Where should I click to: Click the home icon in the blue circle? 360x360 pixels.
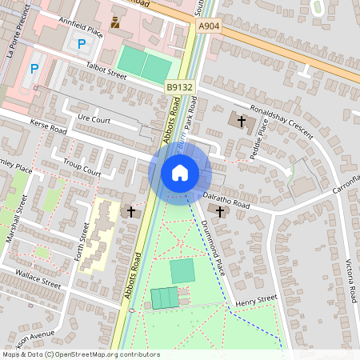(x=180, y=173)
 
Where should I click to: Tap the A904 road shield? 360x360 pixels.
(x=208, y=26)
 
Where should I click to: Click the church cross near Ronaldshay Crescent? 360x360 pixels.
(x=241, y=121)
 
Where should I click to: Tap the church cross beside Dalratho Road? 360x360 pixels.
(x=221, y=210)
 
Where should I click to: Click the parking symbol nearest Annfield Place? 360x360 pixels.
(x=82, y=44)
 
